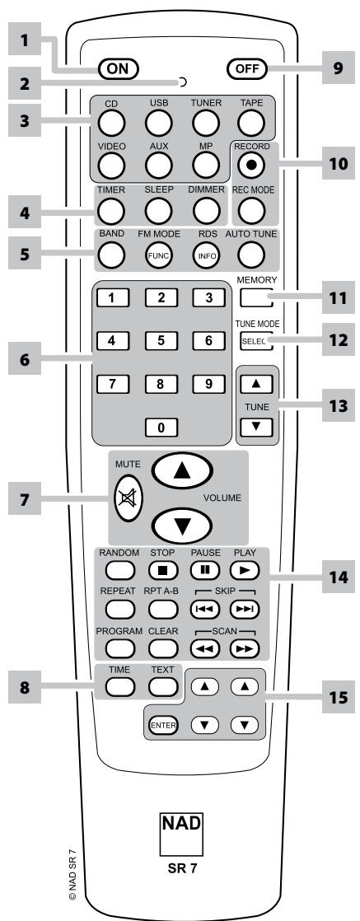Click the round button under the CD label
point(112,122)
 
